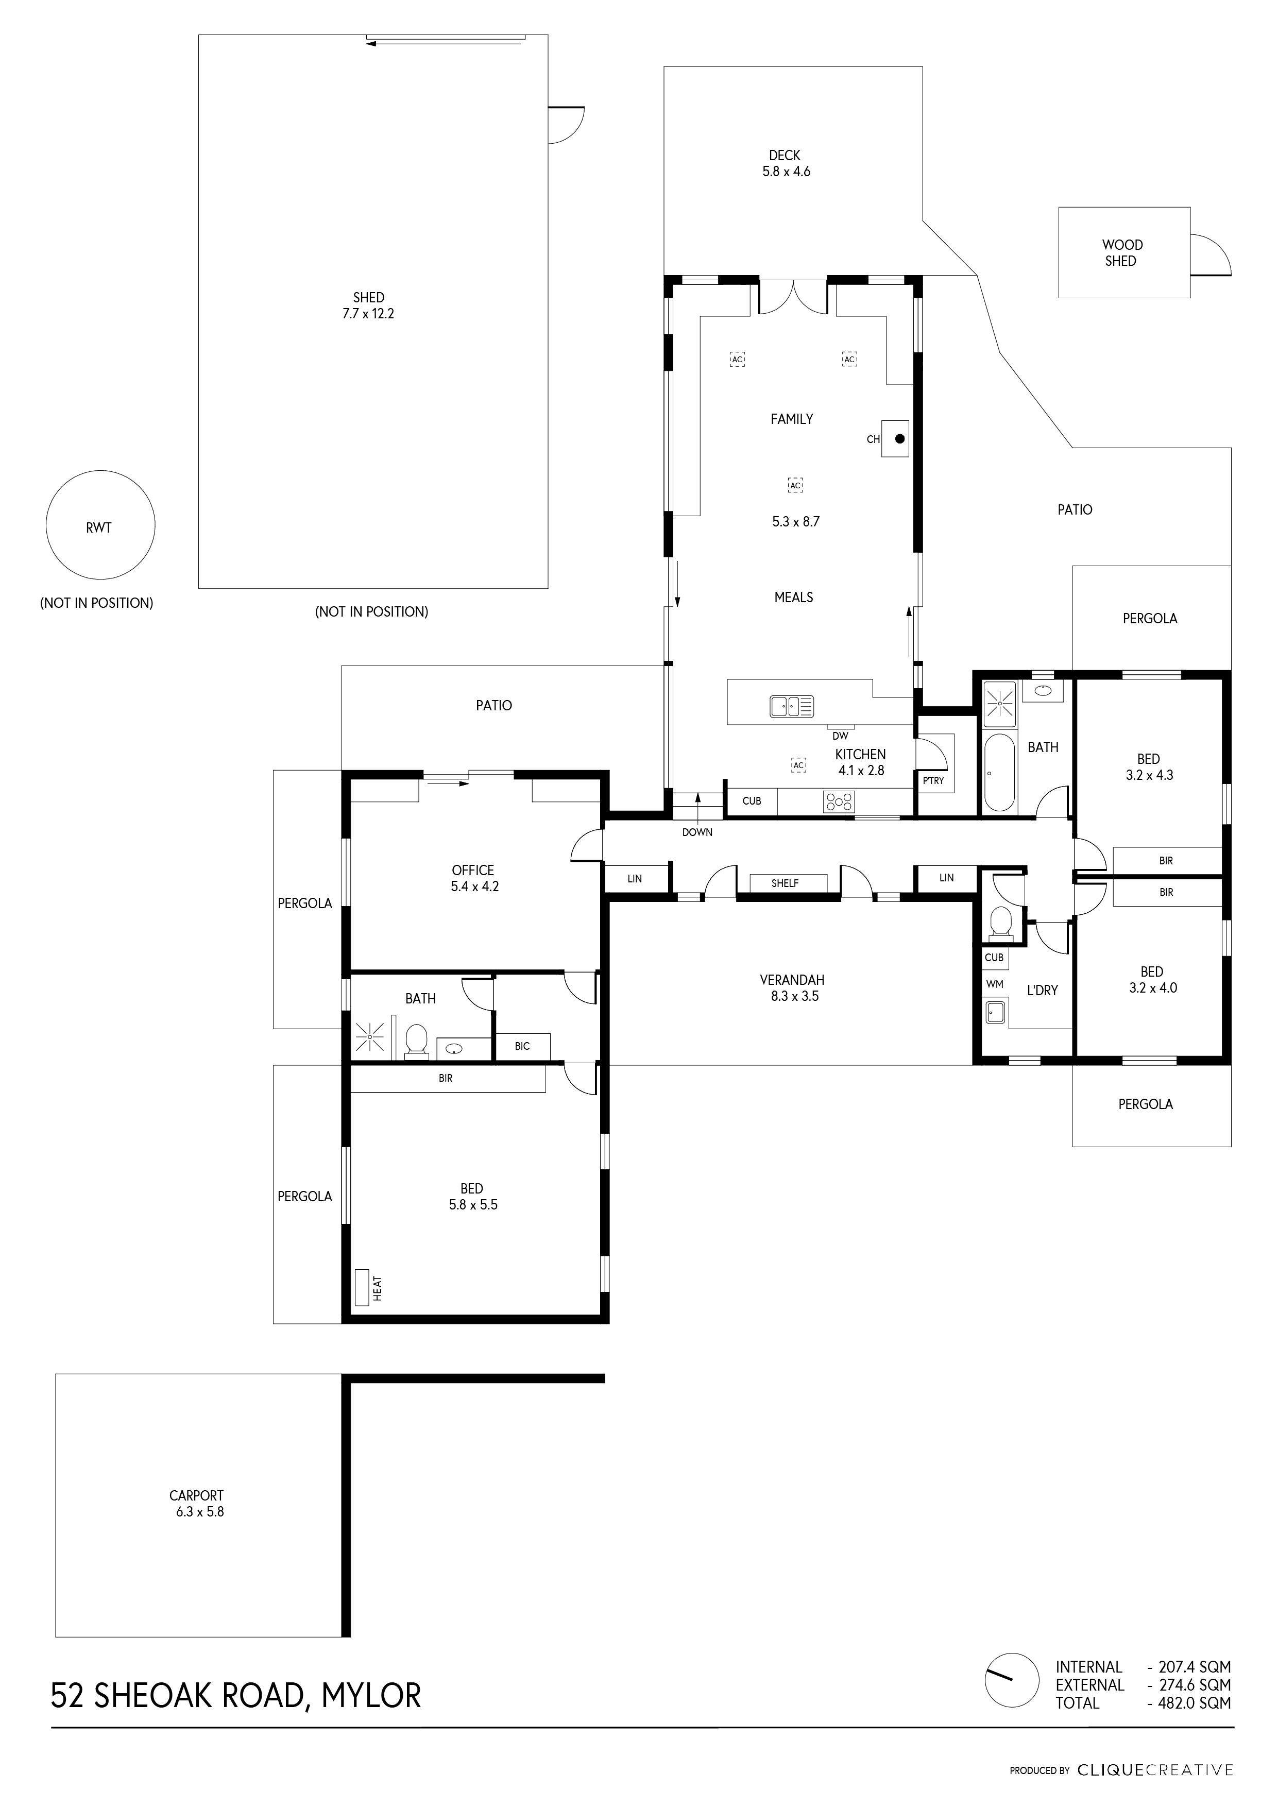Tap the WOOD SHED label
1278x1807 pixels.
(x=1121, y=252)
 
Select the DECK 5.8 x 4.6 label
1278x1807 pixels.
(x=786, y=163)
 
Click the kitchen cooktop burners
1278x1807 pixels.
(x=839, y=802)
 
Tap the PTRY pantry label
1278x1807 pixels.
(x=933, y=781)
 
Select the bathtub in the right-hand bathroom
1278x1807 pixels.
(x=999, y=772)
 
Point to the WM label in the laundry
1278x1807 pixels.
(x=995, y=984)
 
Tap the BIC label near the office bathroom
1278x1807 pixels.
(x=522, y=1046)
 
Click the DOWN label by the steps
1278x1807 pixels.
(x=697, y=832)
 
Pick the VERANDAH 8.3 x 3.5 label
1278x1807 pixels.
(x=792, y=987)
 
